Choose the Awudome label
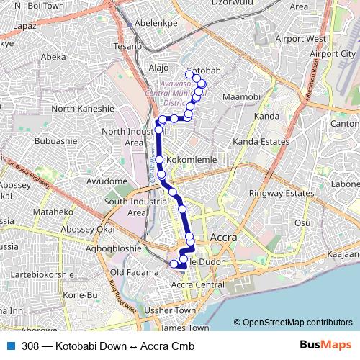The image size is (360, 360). pyautogui.click(x=107, y=181)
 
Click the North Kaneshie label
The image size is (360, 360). pyautogui.click(x=83, y=109)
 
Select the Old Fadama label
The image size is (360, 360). pyautogui.click(x=132, y=272)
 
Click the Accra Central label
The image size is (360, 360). pyautogui.click(x=199, y=285)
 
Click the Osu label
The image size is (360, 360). pyautogui.click(x=302, y=224)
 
